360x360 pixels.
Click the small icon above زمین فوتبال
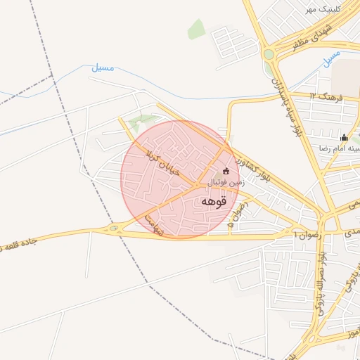(226, 171)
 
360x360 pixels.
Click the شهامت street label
(153, 224)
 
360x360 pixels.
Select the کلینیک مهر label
(321, 10)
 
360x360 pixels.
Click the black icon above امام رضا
(344, 137)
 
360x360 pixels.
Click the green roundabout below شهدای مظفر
(268, 54)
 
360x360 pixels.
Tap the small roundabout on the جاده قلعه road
(113, 229)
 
